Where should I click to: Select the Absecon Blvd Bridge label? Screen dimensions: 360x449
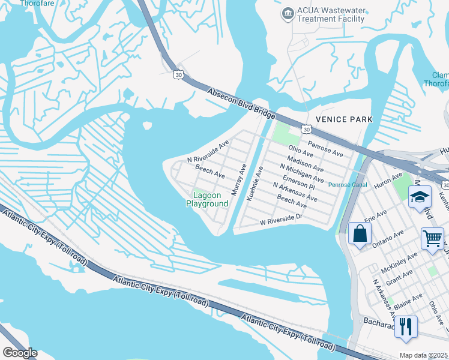pos(241,104)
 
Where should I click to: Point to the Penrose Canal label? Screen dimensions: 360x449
pos(348,185)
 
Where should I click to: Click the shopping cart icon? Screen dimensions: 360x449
pos(432,239)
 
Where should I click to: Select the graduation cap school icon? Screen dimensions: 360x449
pos(419,197)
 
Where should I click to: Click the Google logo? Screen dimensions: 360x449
pos(20,353)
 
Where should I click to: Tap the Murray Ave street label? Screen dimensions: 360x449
pos(239,179)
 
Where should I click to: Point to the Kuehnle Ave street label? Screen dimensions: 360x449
pos(255,183)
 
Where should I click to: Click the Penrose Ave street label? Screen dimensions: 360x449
pos(325,149)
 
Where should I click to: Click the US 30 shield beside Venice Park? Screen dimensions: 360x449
pos(307,129)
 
